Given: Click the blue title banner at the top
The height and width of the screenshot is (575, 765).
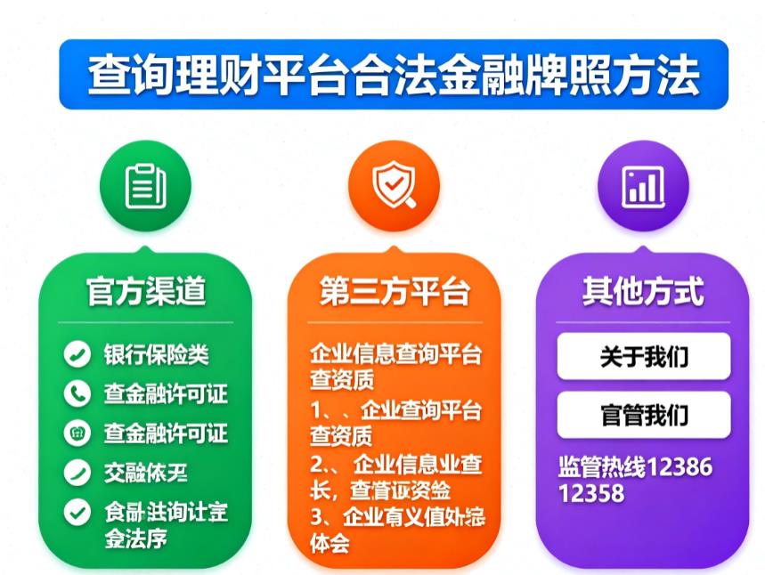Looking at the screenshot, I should tap(393, 75).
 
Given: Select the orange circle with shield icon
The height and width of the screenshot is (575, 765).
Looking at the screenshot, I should tap(393, 185).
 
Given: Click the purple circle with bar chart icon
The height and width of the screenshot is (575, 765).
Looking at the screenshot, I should tap(642, 185).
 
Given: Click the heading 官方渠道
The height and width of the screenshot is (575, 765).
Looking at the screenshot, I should tap(145, 291).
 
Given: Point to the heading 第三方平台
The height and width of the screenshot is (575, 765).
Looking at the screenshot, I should tap(393, 291).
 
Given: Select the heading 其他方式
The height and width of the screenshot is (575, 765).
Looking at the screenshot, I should tap(642, 291).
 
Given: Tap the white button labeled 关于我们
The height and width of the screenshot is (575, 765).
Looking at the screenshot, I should tap(643, 357).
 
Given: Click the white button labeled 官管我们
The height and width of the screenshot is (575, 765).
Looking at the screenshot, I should tap(643, 415).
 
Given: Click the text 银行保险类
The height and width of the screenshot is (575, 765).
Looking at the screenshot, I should tap(157, 354).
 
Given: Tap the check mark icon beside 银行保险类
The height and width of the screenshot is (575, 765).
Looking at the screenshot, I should tap(77, 354).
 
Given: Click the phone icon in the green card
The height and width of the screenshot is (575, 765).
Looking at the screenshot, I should tap(77, 393).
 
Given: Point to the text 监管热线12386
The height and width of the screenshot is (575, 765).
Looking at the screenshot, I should tap(635, 466).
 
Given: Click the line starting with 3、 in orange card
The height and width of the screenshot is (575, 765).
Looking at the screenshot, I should tap(396, 518).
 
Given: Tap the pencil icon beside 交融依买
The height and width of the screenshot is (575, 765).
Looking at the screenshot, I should tap(77, 473).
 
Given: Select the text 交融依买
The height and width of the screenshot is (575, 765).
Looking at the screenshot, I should tap(146, 473).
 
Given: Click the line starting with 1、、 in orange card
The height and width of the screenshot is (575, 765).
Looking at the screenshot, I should tap(396, 410).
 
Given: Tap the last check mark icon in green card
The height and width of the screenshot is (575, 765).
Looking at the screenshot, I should tap(77, 512).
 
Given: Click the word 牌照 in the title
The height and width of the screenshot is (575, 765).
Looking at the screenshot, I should tap(578, 75).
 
